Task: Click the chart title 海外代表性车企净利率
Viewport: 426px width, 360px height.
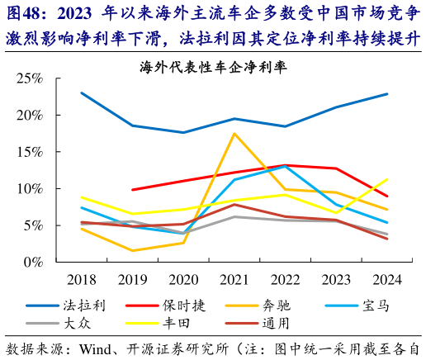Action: (x=218, y=66)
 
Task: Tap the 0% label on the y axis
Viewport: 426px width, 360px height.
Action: (x=33, y=262)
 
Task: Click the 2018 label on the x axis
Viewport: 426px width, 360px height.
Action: (x=81, y=278)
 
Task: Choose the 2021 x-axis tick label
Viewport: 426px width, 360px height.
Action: (x=234, y=278)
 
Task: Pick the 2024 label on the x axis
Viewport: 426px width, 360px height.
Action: (x=387, y=278)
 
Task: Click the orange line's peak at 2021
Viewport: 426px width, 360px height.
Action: (x=234, y=134)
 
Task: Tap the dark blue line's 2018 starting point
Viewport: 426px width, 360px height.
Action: (x=81, y=93)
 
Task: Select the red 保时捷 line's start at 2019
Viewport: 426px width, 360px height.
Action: (x=132, y=190)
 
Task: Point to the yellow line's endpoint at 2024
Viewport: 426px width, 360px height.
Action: (x=387, y=179)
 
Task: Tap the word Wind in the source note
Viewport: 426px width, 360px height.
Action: (x=97, y=348)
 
